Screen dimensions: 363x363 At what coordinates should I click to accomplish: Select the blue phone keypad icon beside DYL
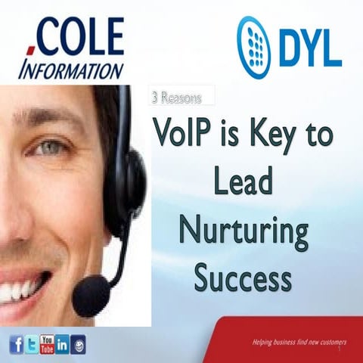click(x=255, y=45)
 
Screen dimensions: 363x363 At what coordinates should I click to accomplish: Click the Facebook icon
click(x=16, y=345)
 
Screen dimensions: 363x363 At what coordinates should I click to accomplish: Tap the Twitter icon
click(x=31, y=345)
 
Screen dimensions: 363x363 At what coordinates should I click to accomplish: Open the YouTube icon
click(x=47, y=344)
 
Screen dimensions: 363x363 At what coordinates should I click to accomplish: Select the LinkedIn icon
click(x=63, y=345)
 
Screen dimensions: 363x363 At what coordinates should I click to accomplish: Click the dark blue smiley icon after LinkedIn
click(x=79, y=345)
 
